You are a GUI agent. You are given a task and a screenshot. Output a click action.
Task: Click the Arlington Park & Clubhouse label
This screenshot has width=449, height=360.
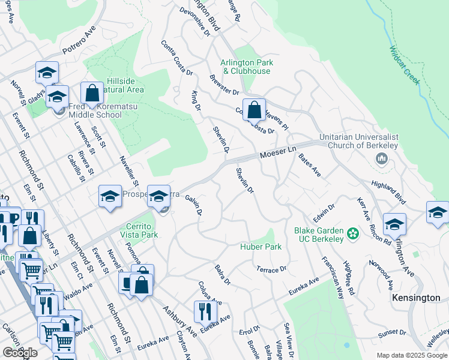point(246,67)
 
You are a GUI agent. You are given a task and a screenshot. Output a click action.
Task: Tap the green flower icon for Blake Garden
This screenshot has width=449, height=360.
point(352,233)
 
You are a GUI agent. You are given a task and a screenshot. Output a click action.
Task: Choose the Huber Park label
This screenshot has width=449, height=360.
point(261,247)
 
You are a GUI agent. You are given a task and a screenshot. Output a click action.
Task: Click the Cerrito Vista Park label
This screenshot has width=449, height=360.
point(137,231)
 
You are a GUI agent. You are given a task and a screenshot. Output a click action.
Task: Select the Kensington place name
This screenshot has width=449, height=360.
point(416,298)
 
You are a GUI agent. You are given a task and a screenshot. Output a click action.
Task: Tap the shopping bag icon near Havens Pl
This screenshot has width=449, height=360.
point(255,110)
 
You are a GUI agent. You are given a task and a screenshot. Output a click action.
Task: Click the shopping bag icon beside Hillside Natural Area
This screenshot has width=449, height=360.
point(92,93)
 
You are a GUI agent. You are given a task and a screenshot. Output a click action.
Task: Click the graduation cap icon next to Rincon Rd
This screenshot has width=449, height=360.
point(394,224)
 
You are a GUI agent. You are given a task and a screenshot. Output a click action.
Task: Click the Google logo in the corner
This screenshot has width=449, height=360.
point(19,353)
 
